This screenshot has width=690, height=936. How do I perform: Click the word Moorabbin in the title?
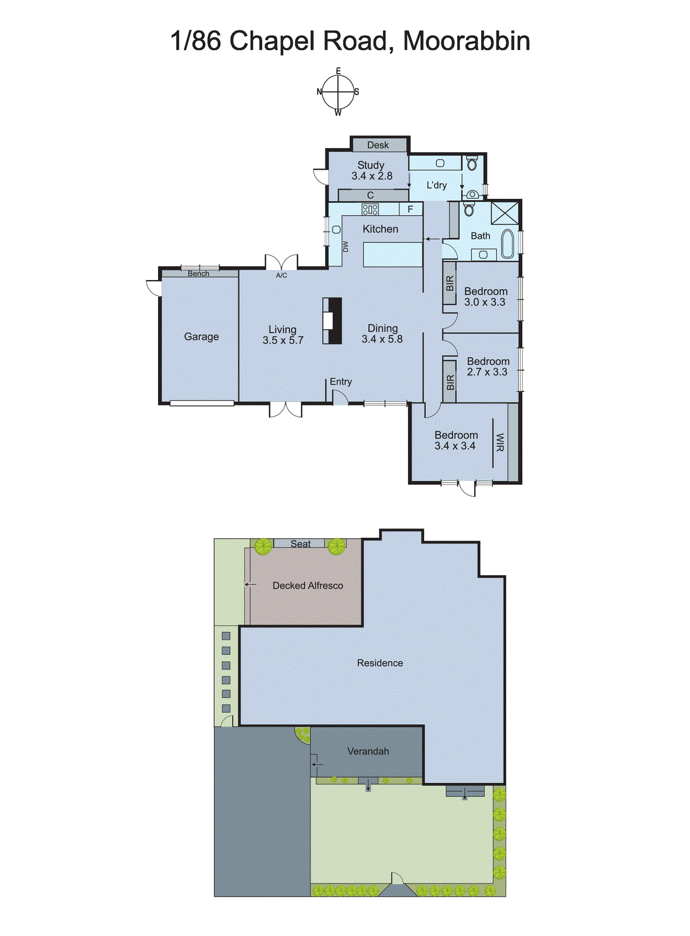pos(466,41)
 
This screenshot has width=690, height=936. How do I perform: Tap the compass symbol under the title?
pos(338,92)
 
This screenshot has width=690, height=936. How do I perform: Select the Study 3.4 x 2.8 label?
pos(371,170)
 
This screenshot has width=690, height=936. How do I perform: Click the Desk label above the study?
pos(378,144)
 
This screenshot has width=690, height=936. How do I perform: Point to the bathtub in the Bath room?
pos(507,244)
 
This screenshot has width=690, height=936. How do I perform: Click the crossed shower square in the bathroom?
pos(504,212)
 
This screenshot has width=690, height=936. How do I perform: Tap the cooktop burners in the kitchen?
pos(370,209)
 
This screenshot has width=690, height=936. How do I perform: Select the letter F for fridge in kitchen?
pos(411,209)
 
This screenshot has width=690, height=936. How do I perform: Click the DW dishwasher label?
pos(345,246)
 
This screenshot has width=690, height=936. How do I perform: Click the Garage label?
pos(201,336)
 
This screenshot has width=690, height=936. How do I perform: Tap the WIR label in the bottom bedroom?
pos(500,442)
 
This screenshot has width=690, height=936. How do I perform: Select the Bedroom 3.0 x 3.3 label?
pos(485,297)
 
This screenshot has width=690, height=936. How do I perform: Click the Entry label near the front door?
pos(341,381)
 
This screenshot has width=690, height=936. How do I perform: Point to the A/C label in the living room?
pos(282,275)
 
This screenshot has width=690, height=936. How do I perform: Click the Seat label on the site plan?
pos(301,543)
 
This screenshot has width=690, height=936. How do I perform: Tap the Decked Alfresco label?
pos(308,585)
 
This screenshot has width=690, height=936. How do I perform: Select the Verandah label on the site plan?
pos(368,751)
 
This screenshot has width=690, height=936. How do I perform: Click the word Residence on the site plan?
pos(380,663)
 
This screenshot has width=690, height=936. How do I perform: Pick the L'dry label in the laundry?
pos(437,185)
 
